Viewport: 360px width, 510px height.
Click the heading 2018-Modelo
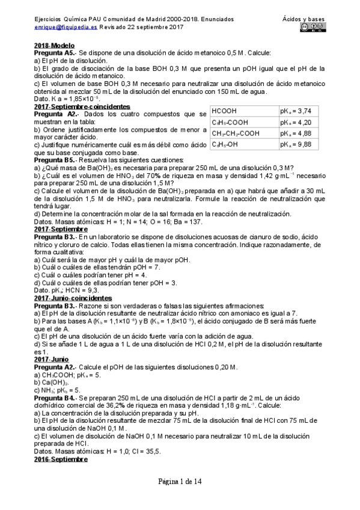54,46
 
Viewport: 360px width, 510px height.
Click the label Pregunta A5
55,53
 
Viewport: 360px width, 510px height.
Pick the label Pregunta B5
55,160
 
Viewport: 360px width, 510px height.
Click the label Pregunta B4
55,398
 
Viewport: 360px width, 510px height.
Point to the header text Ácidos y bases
304,19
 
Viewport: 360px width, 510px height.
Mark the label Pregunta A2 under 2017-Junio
55,367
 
